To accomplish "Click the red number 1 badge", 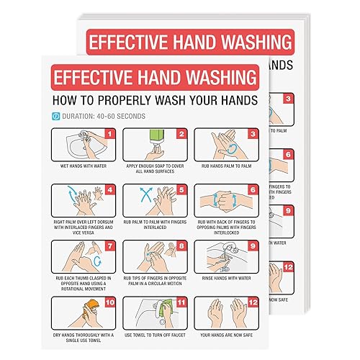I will coord(110,134).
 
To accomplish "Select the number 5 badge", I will coord(181,190).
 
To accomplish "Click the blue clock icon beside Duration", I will coord(56,115).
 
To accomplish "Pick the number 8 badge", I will coord(181,246).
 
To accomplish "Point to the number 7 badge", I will coord(110,246).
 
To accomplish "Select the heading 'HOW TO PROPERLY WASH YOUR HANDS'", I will coord(156,98).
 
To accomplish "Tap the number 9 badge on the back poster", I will coord(307,211).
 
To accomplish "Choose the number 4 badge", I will coord(110,190).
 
